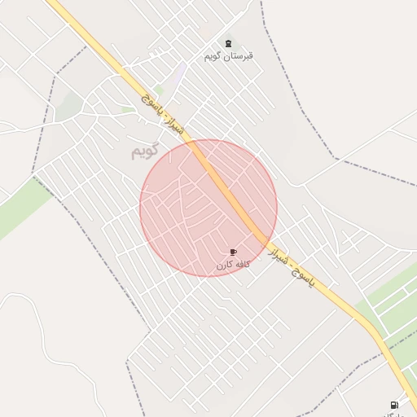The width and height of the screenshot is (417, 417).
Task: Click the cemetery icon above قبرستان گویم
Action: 228,44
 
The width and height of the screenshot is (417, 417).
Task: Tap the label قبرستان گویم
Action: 228,56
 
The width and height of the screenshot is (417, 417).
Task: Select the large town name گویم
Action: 142,151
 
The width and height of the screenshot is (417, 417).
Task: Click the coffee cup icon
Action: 233,252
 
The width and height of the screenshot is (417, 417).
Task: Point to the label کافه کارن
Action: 233,265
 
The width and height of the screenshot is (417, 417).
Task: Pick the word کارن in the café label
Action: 224,265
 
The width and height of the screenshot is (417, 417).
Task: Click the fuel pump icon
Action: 394,405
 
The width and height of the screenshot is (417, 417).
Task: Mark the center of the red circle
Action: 208,208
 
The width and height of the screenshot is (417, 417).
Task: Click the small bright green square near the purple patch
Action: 160,89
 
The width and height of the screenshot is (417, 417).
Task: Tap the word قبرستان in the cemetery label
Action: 240,56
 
